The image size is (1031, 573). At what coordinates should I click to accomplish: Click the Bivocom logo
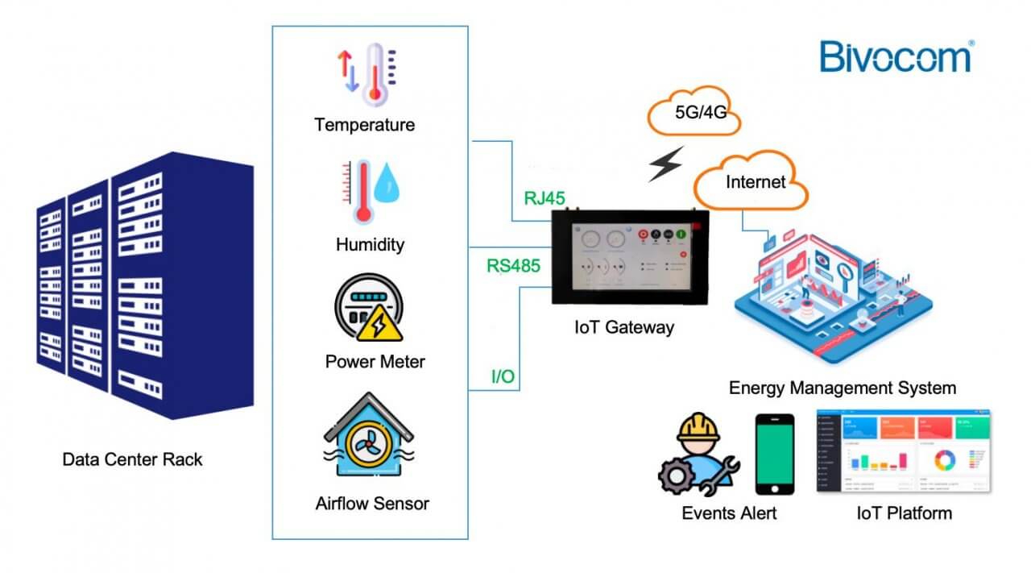[x=896, y=57]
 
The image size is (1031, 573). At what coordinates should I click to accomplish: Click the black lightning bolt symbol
[x=666, y=164]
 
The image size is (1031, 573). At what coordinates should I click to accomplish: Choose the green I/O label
[x=503, y=376]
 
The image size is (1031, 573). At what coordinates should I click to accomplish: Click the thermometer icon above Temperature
[x=374, y=74]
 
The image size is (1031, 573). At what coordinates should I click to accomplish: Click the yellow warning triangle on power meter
[x=376, y=326]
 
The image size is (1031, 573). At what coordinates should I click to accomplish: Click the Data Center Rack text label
[x=133, y=460]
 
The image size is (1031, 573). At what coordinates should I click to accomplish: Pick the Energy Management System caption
[x=842, y=388]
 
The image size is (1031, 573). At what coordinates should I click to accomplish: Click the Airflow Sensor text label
[x=372, y=504]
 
